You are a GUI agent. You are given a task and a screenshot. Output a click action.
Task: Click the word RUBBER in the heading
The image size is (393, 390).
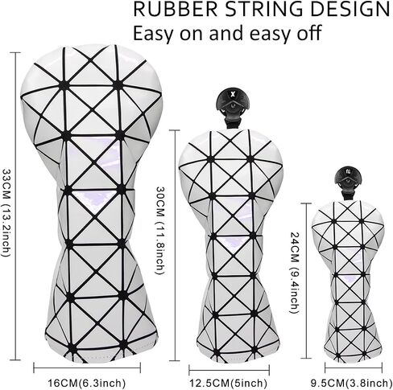[175, 9]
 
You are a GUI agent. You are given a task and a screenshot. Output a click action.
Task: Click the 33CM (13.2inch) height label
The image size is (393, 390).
[6, 212]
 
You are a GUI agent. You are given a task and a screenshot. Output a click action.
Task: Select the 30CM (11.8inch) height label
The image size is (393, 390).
[159, 231]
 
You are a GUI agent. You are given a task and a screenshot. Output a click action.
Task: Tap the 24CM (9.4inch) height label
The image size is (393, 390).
[295, 273]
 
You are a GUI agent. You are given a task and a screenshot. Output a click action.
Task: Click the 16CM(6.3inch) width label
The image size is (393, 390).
[86, 383]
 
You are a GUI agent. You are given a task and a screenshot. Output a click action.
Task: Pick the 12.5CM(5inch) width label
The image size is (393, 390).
[229, 383]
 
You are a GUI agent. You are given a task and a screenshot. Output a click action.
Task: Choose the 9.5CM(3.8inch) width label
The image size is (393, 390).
[351, 383]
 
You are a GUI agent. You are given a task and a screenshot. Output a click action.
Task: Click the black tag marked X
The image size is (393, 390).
[233, 103]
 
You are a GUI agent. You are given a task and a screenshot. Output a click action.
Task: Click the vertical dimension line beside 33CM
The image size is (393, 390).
[16, 207]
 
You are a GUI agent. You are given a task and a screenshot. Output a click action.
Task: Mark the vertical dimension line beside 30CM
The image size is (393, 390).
[175, 246]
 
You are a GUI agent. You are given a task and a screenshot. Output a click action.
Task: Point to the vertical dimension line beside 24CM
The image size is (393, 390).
[307, 281]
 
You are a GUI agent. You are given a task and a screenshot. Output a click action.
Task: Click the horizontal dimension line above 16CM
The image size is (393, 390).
[87, 367]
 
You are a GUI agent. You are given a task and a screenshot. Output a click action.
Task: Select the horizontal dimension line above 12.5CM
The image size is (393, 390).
[229, 370]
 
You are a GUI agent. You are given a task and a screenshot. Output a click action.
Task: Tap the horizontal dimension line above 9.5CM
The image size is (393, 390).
[354, 367]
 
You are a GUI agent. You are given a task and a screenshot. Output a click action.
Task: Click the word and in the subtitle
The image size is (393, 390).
[226, 33]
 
